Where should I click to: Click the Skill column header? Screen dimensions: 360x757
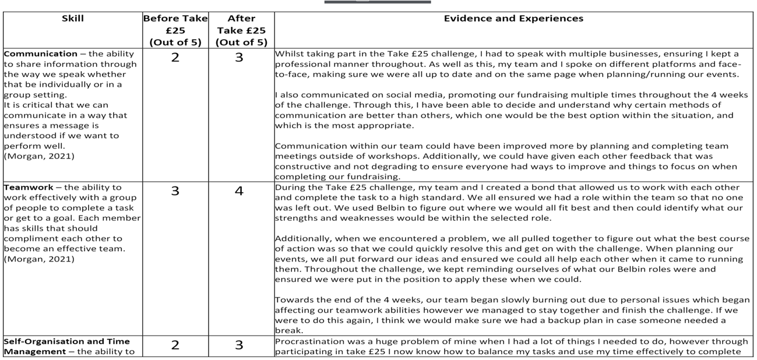pyautogui.click(x=73, y=19)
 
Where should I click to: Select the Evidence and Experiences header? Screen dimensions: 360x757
pyautogui.click(x=513, y=19)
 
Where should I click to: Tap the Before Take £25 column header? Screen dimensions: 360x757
pyautogui.click(x=175, y=30)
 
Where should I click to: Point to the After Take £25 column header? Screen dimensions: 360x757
pyautogui.click(x=241, y=30)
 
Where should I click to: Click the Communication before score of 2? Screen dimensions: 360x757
pyautogui.click(x=175, y=58)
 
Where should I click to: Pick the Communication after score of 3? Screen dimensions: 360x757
pyautogui.click(x=239, y=58)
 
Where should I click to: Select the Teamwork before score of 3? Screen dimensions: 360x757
pyautogui.click(x=175, y=191)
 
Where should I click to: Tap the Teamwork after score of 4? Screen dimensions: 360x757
pyautogui.click(x=239, y=191)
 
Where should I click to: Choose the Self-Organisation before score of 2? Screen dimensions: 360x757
pyautogui.click(x=175, y=345)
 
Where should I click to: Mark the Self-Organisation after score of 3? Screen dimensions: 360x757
pyautogui.click(x=239, y=345)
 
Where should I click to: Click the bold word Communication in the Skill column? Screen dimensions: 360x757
pyautogui.click(x=40, y=54)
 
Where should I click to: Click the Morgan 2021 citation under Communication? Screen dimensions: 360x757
pyautogui.click(x=39, y=156)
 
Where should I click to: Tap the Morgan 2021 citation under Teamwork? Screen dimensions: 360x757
pyautogui.click(x=39, y=259)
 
